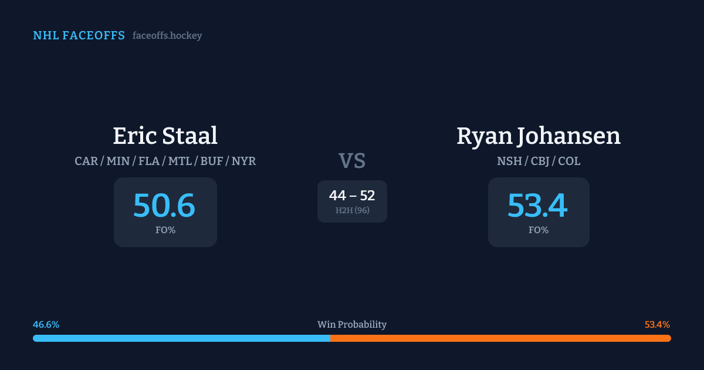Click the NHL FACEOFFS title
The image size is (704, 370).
point(79,36)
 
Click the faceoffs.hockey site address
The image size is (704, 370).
point(167,36)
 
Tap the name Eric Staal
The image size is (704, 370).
point(165,136)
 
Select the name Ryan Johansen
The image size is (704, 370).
point(538,136)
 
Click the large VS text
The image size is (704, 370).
point(352,161)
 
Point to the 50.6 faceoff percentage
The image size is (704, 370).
point(164,206)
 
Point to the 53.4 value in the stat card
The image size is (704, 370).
point(537,206)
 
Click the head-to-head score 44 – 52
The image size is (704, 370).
point(352,196)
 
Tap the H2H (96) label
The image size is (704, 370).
point(352,210)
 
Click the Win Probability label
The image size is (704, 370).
point(352,325)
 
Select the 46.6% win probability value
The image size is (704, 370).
point(46,325)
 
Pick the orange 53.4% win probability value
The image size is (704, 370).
point(657,325)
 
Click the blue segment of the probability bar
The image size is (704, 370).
point(182,338)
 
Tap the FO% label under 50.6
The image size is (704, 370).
point(165,230)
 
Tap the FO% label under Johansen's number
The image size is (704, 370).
point(539,230)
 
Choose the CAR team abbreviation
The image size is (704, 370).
point(86,161)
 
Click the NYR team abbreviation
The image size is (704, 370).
point(243,161)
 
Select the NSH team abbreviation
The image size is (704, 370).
point(509,161)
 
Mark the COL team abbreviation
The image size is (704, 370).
point(569,161)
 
